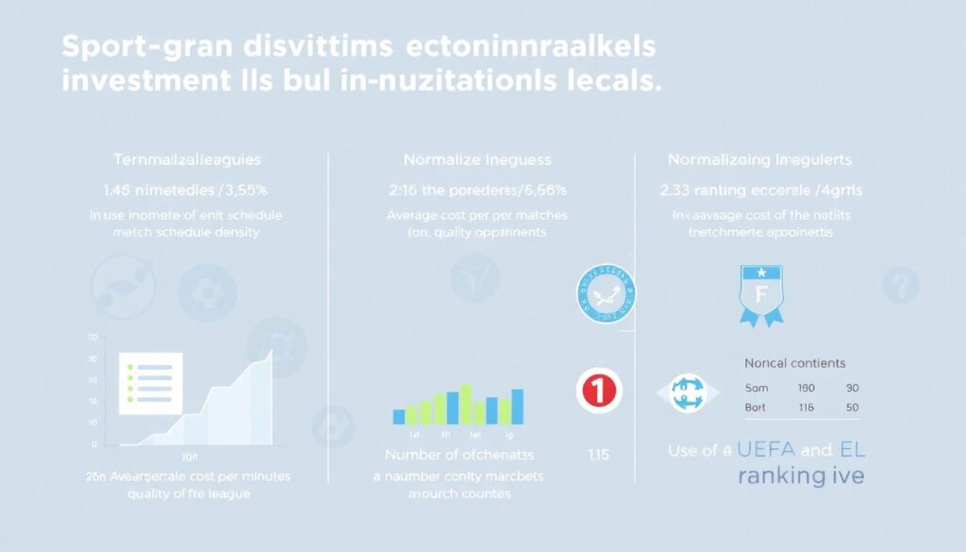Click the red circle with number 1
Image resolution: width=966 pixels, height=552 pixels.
600,390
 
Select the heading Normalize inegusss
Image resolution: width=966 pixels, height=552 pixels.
477,160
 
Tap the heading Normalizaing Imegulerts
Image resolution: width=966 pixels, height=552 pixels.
760,160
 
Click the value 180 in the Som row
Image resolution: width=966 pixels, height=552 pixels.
806,388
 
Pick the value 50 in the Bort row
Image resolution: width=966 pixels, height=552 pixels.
852,407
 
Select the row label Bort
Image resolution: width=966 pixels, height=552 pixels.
756,407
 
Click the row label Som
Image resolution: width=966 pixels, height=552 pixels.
756,388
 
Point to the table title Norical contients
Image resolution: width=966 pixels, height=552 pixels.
794,363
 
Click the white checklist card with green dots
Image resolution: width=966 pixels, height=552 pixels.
151,382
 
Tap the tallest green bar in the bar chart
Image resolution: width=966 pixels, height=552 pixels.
466,404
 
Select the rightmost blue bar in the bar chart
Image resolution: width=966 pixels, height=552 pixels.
517,406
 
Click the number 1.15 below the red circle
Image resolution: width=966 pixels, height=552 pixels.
599,455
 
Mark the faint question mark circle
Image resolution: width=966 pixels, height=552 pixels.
900,283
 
